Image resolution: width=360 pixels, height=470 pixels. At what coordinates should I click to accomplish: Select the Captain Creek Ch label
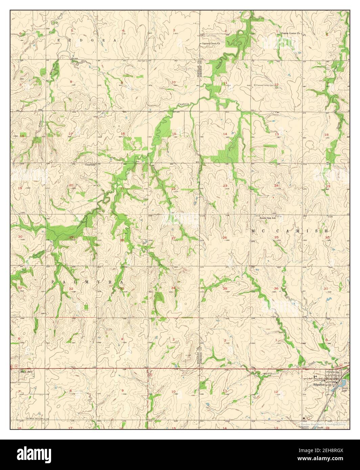pyautogui.click(x=211, y=44)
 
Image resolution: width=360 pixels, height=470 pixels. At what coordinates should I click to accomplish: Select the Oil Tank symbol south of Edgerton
pyautogui.click(x=303, y=418)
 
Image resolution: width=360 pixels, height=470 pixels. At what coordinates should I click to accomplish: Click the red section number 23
pyautogui.click(x=225, y=186)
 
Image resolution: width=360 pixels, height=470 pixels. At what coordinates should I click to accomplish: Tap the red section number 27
pyautogui.click(x=173, y=238)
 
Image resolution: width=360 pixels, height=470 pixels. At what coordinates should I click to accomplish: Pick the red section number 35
pyautogui.click(x=225, y=288)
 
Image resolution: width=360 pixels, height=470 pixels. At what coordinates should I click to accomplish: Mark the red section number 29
pyautogui.click(x=71, y=237)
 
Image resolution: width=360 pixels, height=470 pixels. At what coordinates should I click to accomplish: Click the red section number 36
pyautogui.click(x=276, y=288)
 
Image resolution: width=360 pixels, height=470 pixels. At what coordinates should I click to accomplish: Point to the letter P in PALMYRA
pyautogui.click(x=53, y=281)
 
